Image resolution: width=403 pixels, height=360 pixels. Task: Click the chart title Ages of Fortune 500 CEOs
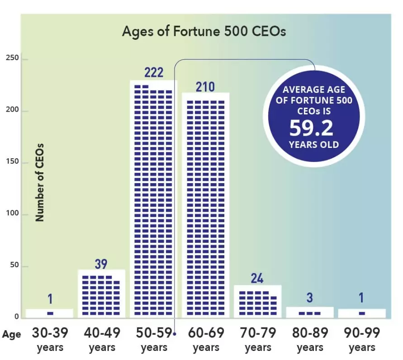[x=204, y=32]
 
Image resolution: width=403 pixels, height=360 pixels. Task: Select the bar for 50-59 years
[x=154, y=199]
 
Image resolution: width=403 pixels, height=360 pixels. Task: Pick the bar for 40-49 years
[x=102, y=294]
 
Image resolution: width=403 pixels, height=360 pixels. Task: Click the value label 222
[x=154, y=72]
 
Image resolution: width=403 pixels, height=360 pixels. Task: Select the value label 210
[x=206, y=86]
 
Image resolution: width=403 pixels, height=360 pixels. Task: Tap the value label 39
[x=102, y=264]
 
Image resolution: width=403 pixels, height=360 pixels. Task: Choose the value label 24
[x=257, y=278]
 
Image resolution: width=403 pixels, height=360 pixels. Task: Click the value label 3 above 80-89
[x=310, y=298]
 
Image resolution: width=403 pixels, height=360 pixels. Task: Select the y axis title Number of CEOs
[x=40, y=182]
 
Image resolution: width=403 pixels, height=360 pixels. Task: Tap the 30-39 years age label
[x=50, y=340]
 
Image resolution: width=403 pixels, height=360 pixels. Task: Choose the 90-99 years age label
[x=362, y=340]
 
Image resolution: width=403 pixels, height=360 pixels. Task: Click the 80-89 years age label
[x=310, y=340]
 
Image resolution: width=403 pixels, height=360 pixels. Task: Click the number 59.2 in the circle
[x=311, y=128]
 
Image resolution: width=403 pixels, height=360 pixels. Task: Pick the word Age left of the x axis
[x=11, y=335]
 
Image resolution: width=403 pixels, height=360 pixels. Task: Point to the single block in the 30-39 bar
[x=50, y=313]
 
